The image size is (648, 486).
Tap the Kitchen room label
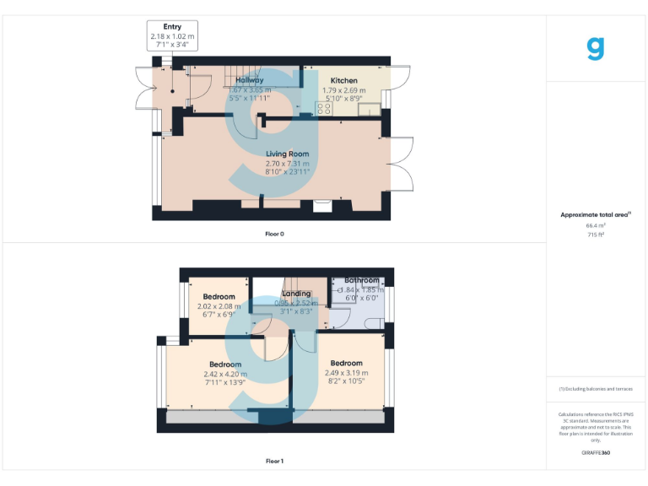coord(343,81)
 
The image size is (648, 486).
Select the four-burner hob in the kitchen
coord(324,106)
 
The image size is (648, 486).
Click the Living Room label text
coord(287,154)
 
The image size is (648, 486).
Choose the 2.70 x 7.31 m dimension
coord(287,163)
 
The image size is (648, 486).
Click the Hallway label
coord(250,81)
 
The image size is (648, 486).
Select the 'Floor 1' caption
coord(274,462)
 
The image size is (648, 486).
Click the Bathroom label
coord(361,280)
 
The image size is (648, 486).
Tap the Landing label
coord(296,294)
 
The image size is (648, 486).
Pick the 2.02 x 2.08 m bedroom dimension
coord(219,306)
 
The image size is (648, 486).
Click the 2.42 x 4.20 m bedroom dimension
coord(225,374)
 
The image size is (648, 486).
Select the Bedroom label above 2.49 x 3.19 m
coord(346,364)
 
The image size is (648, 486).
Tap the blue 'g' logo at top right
coord(596,49)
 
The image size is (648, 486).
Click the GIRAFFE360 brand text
coord(596,454)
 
